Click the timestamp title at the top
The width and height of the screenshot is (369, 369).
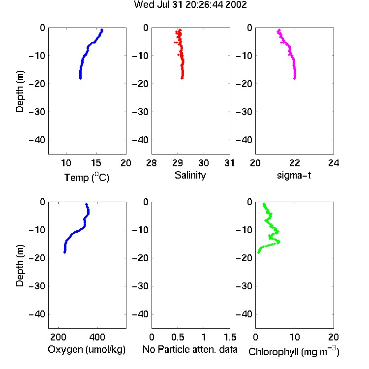[190, 4]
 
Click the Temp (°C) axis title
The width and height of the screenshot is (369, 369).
[87, 177]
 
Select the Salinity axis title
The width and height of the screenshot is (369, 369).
[190, 175]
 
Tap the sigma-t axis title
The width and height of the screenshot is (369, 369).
[294, 175]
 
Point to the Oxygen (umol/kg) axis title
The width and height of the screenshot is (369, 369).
[87, 349]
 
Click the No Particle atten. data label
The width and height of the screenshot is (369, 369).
[190, 349]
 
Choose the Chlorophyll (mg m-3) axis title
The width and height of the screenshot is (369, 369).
[294, 351]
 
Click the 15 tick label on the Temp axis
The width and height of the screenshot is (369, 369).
[96, 163]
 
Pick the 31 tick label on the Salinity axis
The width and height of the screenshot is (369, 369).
[230, 163]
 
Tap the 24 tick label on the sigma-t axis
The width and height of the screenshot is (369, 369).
[334, 163]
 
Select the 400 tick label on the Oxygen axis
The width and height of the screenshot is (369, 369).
[97, 337]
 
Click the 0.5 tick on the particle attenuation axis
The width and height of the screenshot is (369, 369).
[178, 337]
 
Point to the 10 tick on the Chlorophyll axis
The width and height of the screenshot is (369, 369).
[295, 337]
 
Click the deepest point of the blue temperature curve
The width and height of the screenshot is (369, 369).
[81, 78]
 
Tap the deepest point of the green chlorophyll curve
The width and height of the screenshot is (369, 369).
[259, 252]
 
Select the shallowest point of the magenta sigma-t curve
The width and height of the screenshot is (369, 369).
[279, 30]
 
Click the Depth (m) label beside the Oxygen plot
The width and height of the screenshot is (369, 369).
[20, 266]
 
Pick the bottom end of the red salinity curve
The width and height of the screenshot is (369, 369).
[182, 78]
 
